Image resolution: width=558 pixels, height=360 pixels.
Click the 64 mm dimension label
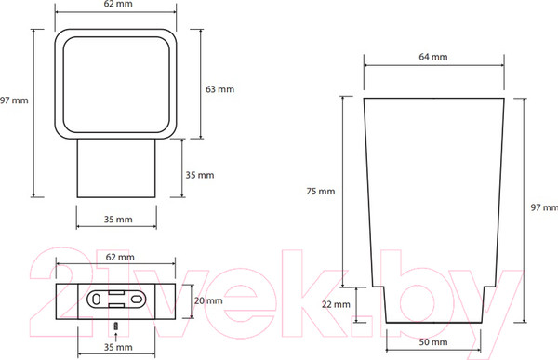(433, 57)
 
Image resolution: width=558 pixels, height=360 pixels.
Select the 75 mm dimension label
(321, 192)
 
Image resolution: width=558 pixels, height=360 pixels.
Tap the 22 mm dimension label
(336, 304)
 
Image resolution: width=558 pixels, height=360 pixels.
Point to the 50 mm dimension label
(433, 342)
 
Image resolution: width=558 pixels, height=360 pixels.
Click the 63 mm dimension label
(219, 89)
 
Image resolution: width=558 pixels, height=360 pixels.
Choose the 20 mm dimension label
(208, 300)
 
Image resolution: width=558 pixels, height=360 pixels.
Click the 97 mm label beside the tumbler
(544, 207)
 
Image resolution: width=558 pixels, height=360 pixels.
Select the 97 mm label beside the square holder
(14, 100)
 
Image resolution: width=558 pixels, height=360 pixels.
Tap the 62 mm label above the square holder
(118, 4)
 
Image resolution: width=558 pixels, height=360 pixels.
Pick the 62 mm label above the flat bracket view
(120, 257)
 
